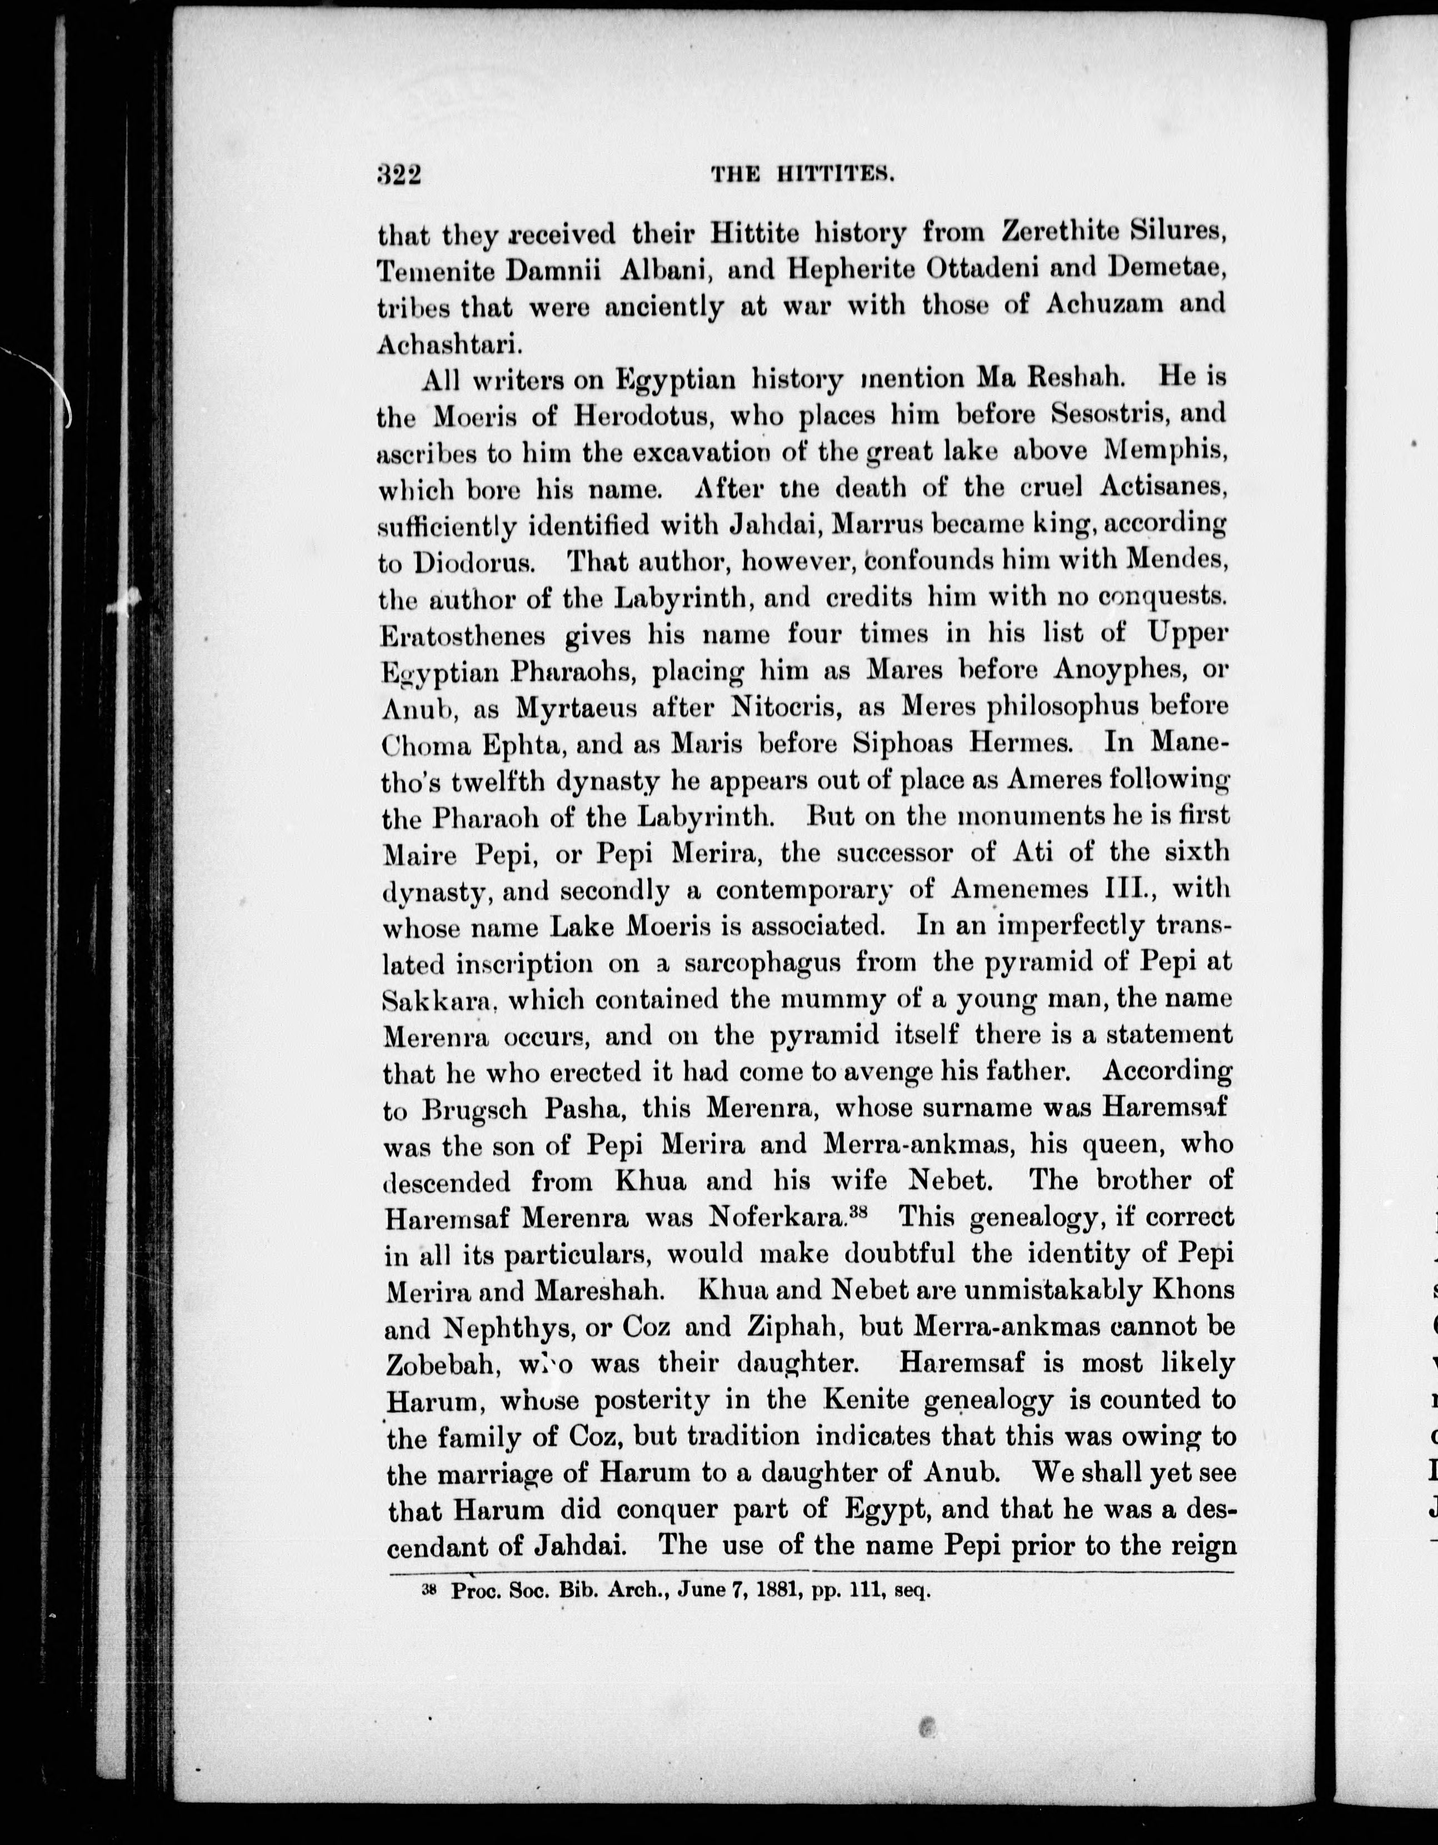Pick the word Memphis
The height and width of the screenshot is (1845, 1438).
[1166, 451]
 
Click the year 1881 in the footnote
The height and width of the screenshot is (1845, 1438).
[774, 1589]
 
